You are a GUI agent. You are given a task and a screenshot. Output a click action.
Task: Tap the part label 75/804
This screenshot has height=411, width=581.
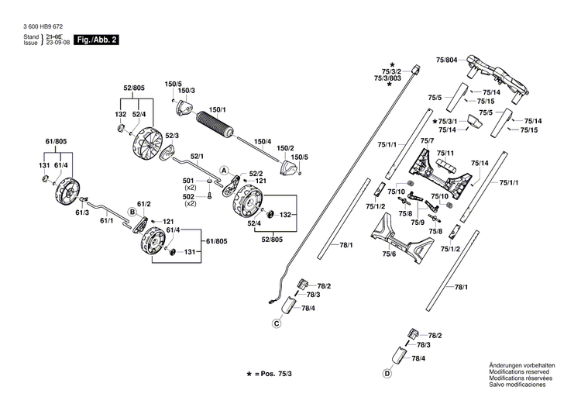tap(447, 60)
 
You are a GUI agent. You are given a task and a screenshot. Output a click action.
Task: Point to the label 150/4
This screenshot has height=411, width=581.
tap(263, 141)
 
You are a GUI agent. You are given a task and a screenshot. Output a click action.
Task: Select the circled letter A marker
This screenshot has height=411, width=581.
tap(223, 169)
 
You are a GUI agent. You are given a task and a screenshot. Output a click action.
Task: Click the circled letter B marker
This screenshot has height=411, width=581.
tap(132, 211)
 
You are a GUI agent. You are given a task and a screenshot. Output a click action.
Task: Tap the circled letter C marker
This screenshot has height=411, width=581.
tap(276, 323)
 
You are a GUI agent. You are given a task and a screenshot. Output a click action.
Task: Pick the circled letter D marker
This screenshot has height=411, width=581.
tap(386, 374)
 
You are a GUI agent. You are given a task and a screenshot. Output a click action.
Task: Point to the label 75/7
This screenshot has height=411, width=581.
tap(426, 140)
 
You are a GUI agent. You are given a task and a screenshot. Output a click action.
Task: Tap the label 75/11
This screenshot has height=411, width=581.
tap(445, 153)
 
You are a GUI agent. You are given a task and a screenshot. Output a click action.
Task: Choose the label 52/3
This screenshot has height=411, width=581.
tap(171, 136)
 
